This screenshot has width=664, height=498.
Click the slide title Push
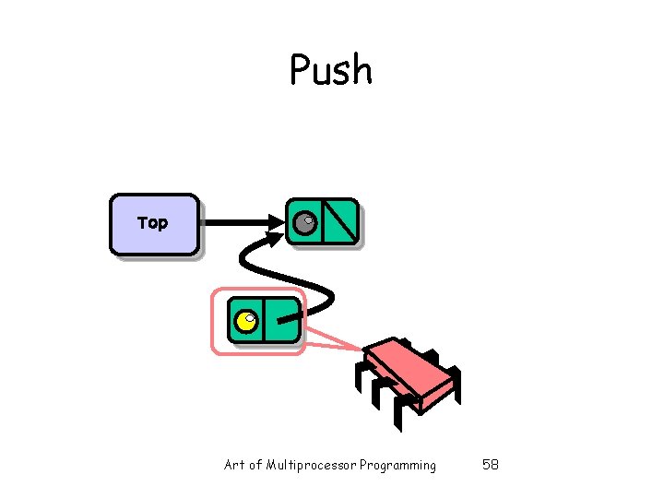(331, 70)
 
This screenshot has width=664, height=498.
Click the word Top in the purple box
(152, 222)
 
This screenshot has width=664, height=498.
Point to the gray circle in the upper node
(304, 222)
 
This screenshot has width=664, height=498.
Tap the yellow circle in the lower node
(246, 321)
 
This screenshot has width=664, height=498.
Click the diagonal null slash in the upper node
(340, 221)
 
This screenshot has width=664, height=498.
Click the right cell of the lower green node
(283, 321)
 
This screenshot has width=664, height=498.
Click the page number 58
(491, 465)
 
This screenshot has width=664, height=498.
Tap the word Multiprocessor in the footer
(312, 465)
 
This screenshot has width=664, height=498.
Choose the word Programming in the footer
(398, 465)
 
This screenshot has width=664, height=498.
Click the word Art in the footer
(234, 465)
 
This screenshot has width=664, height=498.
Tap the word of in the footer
(255, 465)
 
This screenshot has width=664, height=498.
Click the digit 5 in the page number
(486, 465)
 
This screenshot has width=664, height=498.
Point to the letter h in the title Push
(361, 70)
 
